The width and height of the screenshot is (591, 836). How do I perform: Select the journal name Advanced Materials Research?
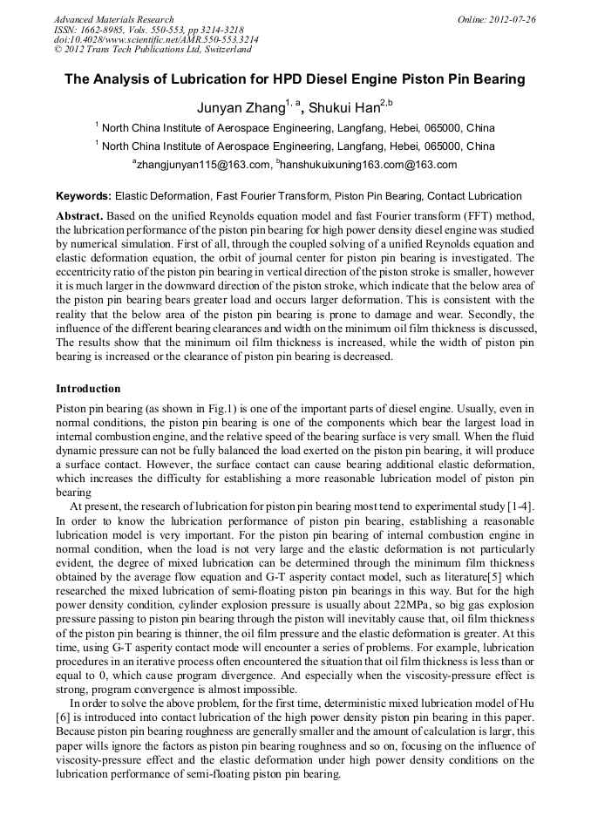tap(113, 19)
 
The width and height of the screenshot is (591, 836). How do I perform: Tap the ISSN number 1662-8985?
tap(112, 30)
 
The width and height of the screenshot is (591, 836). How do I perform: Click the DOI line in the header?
tap(155, 40)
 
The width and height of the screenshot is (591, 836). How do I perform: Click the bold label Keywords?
tap(84, 197)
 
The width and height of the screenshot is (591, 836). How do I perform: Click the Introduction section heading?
tap(88, 388)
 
